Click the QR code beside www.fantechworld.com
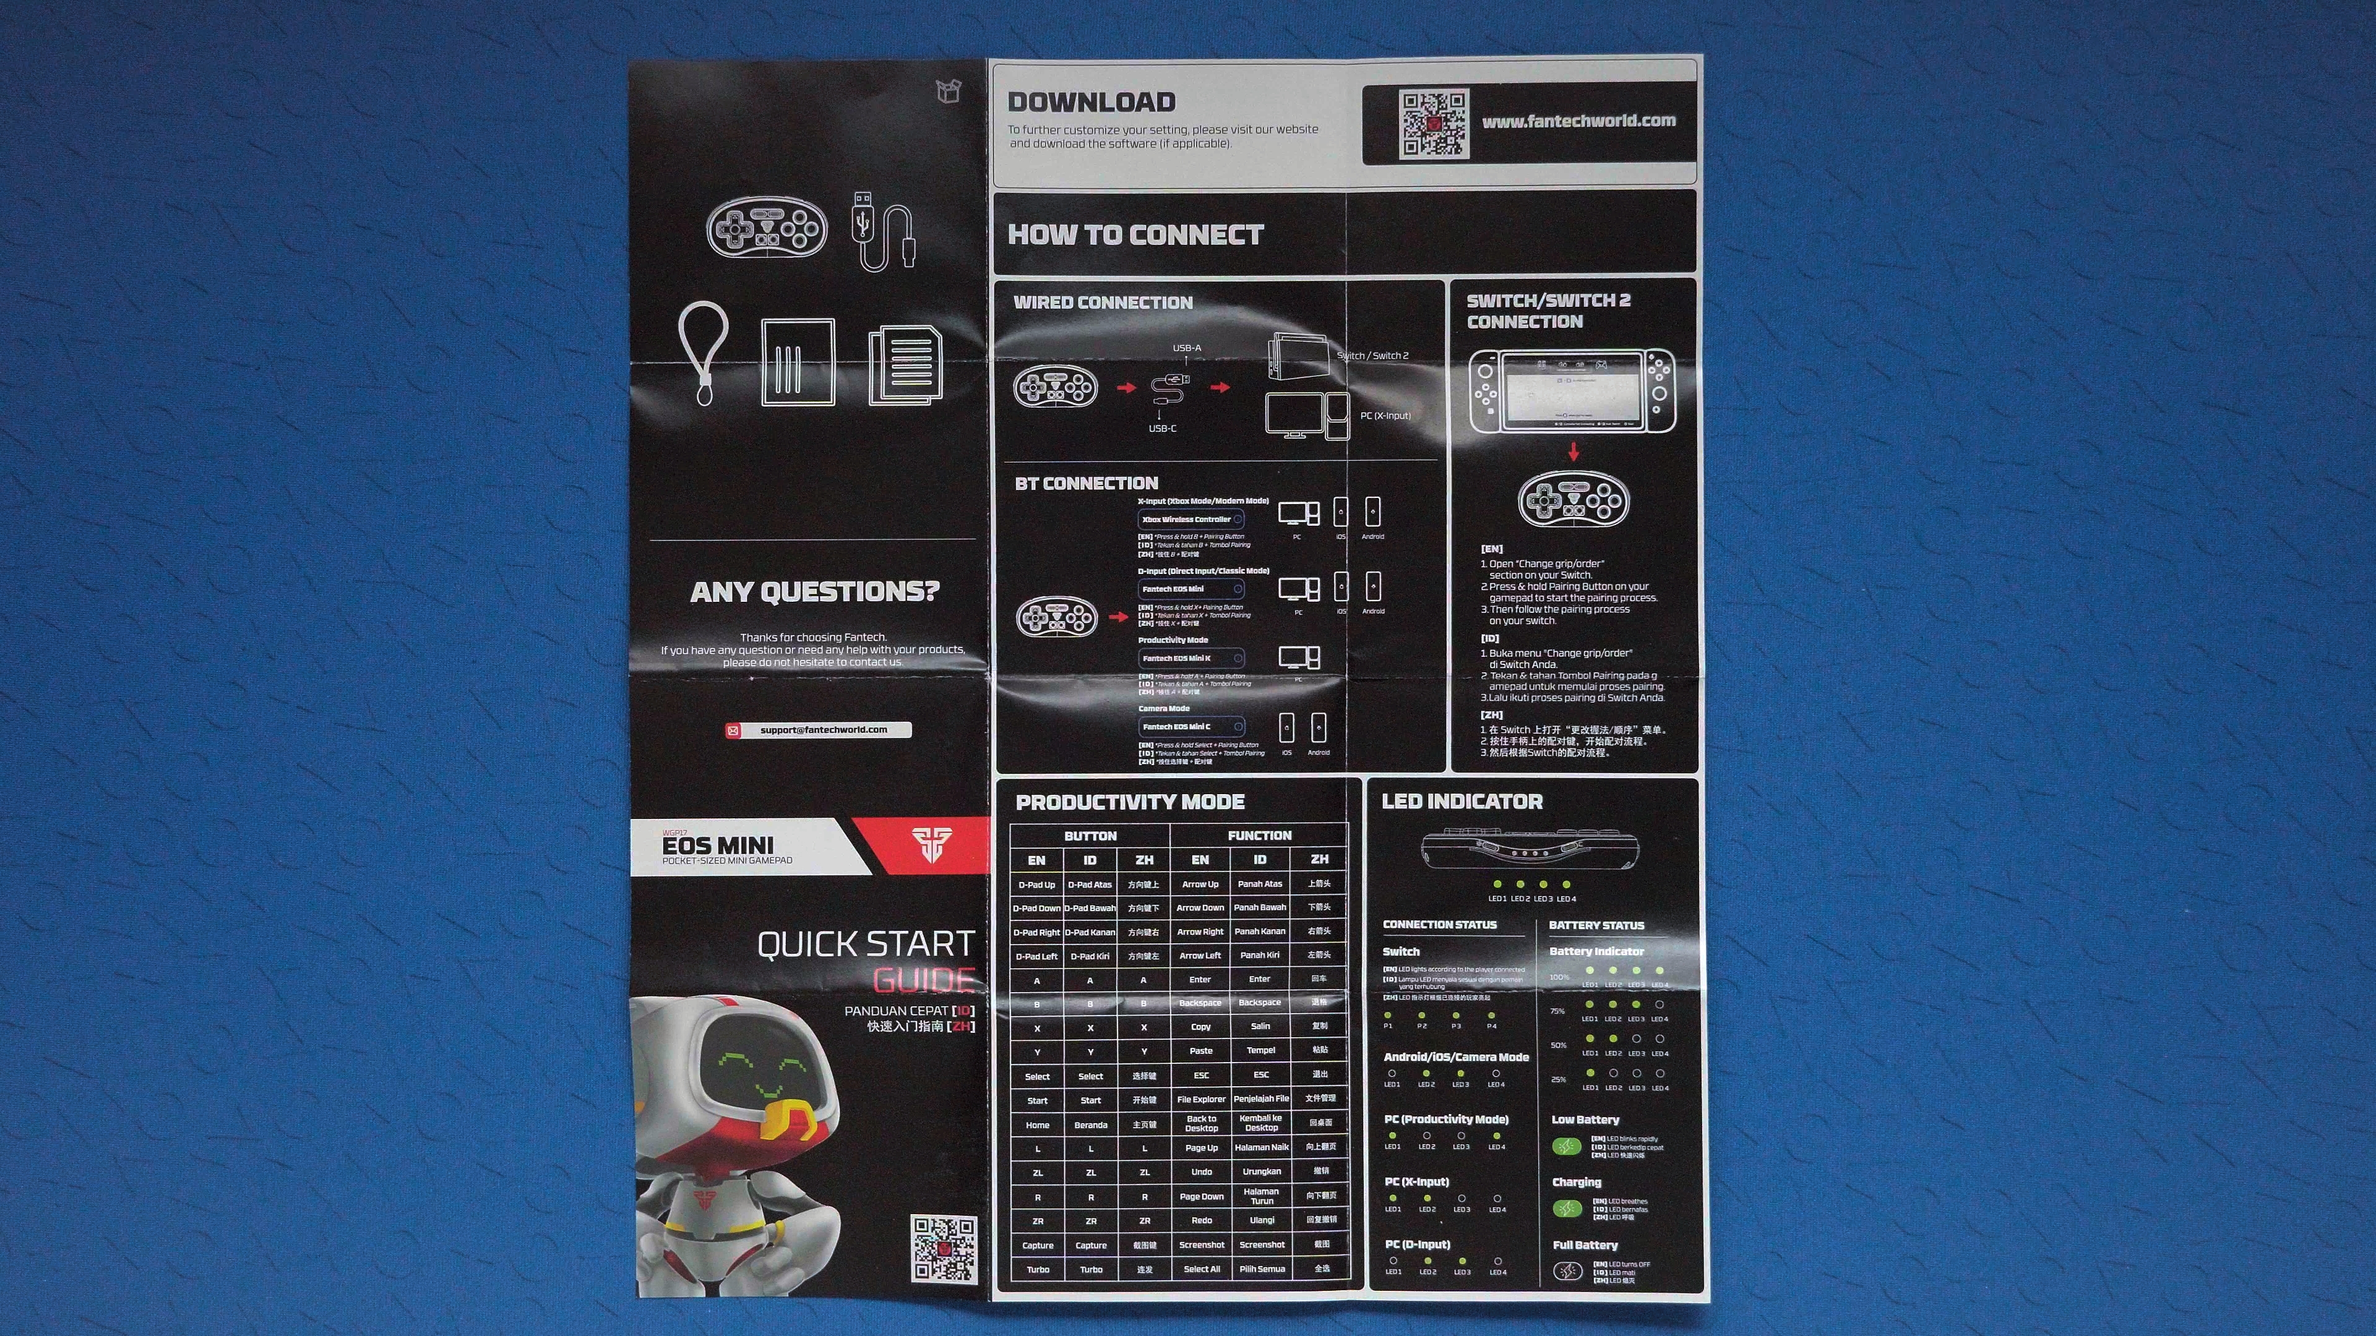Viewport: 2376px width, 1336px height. [x=1434, y=124]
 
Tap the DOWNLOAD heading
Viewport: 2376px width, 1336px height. [x=1091, y=102]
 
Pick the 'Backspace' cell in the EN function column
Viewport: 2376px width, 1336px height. [x=1200, y=1003]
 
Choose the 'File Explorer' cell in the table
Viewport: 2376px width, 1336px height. [x=1201, y=1100]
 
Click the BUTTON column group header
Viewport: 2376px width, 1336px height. [x=1090, y=836]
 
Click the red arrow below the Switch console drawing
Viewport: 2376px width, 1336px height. [x=1573, y=452]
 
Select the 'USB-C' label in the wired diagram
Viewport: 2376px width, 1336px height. [x=1162, y=429]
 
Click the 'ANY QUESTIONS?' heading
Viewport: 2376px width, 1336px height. [x=814, y=592]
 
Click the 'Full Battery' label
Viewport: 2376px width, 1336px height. [x=1585, y=1246]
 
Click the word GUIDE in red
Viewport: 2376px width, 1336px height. [x=923, y=979]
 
